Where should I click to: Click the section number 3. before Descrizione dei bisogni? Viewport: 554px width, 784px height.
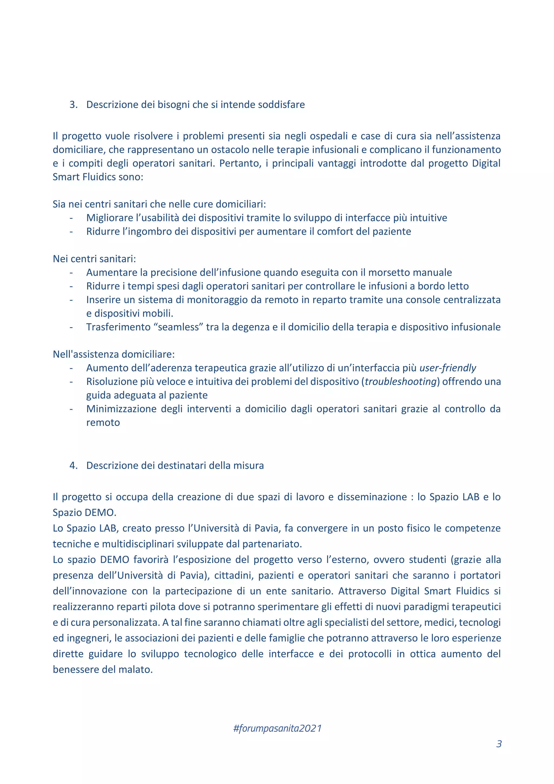click(73, 104)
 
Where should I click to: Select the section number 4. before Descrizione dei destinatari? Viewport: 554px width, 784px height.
click(73, 465)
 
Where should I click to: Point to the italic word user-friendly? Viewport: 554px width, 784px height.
click(448, 368)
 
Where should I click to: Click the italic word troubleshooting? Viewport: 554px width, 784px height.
click(401, 381)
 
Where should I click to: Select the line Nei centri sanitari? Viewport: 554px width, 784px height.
click(94, 259)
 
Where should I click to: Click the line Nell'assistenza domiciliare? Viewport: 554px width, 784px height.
click(114, 354)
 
